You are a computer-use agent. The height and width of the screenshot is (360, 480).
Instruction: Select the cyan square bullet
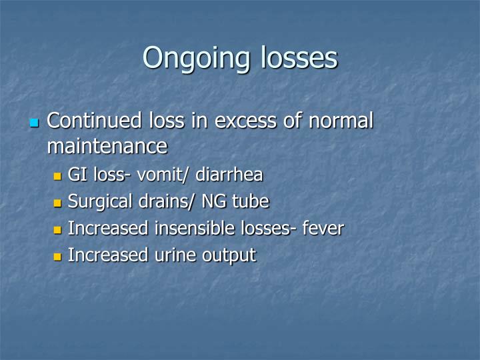(x=35, y=123)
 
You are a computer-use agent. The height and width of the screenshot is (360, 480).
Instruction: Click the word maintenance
(x=107, y=145)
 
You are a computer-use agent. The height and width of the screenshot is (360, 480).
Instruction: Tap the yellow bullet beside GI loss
(x=57, y=177)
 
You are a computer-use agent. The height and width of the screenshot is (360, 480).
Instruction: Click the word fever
(x=323, y=229)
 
